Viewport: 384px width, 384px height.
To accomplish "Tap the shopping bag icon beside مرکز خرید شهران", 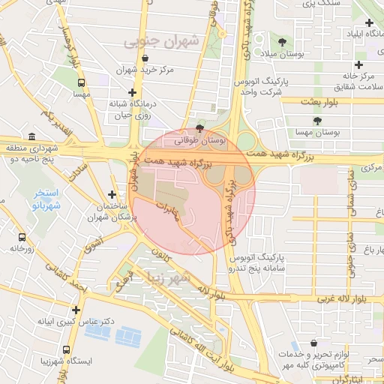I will point(145,58).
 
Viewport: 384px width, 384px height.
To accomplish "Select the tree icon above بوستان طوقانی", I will point(199,127).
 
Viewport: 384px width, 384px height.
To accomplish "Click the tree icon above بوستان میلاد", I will point(282,41).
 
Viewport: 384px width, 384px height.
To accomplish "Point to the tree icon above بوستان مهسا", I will point(317,119).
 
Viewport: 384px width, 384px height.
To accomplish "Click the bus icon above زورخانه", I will point(22,236).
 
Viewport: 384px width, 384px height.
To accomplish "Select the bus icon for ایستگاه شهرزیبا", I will point(67,349).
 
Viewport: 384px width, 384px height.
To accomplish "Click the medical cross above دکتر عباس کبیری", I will point(76,309).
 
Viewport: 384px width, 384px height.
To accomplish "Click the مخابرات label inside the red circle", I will point(168,209).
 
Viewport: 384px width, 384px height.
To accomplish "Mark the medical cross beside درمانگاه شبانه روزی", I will point(132,91).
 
